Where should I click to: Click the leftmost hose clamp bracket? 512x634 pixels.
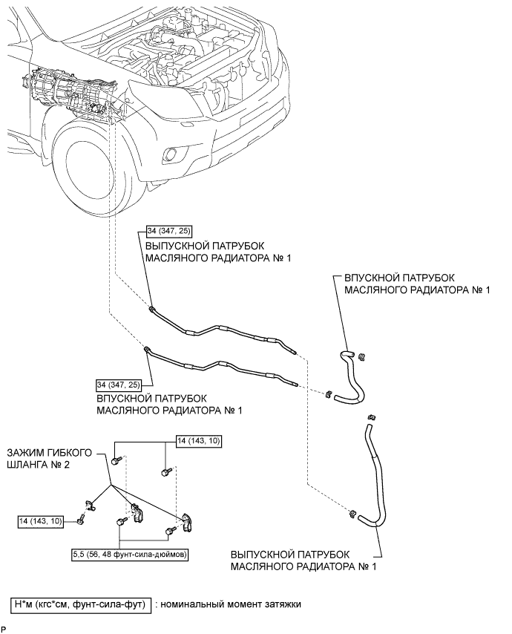(x=90, y=506)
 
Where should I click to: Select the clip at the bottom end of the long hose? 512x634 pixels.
(x=352, y=514)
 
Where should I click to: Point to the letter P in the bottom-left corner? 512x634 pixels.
(x=4, y=630)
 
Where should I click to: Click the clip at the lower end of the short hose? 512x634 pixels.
(x=329, y=393)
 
